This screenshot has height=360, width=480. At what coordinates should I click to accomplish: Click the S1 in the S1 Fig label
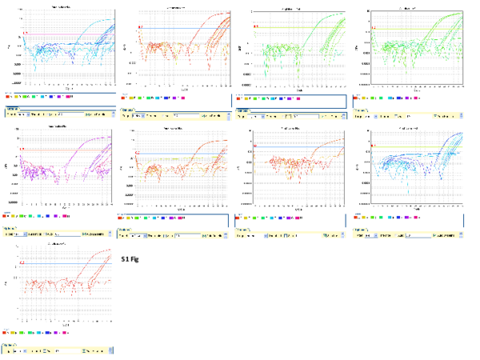click(x=125, y=259)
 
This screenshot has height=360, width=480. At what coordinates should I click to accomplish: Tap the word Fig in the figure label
click(x=135, y=259)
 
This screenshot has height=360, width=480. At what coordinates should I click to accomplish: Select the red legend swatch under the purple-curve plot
click(x=6, y=216)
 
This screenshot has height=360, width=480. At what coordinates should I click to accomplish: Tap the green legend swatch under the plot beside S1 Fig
click(x=23, y=331)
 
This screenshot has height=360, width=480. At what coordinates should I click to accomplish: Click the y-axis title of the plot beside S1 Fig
click(x=6, y=284)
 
